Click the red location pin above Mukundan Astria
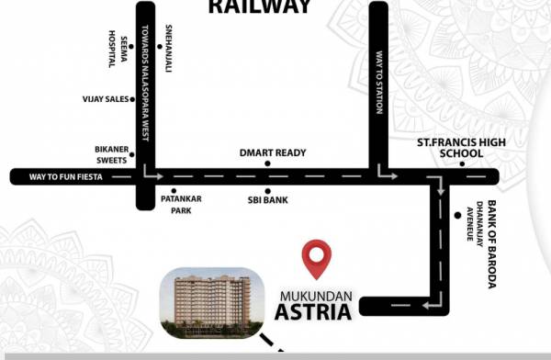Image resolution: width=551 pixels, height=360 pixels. (x=318, y=258)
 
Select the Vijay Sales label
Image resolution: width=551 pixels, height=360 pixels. (x=105, y=96)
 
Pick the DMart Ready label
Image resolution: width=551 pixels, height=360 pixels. (x=273, y=152)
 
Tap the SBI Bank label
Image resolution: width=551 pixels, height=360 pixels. (x=268, y=198)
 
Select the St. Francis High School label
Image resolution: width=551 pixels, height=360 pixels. (x=450, y=148)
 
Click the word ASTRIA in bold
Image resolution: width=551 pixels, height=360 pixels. (x=312, y=312)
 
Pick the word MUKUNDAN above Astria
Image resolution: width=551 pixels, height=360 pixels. (x=312, y=295)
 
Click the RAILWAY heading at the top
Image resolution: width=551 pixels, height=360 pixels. (x=258, y=7)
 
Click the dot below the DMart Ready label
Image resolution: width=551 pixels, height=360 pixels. (x=268, y=163)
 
